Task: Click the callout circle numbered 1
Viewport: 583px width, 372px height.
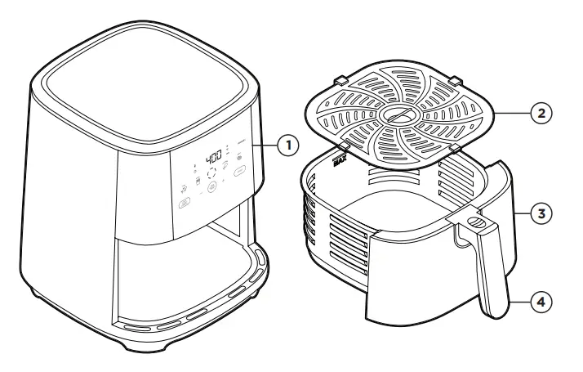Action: pyautogui.click(x=286, y=145)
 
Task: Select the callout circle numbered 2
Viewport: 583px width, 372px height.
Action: pyautogui.click(x=540, y=112)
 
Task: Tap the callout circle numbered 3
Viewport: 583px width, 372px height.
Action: pyautogui.click(x=540, y=215)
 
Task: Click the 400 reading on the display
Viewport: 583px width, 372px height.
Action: pyautogui.click(x=213, y=155)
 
